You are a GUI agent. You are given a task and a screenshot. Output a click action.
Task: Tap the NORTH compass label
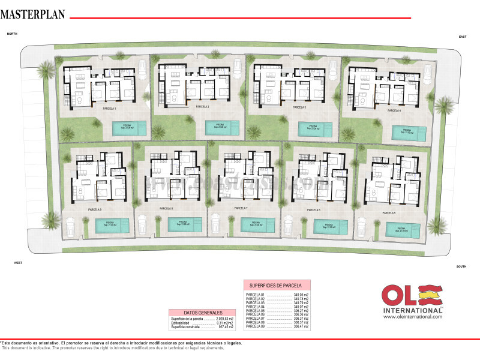pos(12,35)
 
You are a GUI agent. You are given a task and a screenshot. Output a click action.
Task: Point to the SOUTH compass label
pos(461,266)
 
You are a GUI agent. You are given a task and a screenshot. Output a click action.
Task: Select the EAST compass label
pos(463,37)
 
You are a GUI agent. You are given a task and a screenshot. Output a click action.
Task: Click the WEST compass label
pos(19,263)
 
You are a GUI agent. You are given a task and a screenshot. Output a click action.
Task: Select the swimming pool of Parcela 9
pos(112,225)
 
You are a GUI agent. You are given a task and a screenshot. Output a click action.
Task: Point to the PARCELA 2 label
pos(202,107)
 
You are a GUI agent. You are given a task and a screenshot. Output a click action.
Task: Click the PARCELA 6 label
pos(313,210)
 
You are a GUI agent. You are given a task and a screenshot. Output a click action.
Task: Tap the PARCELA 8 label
pos(166,208)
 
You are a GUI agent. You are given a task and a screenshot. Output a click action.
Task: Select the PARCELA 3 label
pos(299,107)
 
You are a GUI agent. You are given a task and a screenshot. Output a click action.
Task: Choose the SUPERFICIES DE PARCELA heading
pos(277,284)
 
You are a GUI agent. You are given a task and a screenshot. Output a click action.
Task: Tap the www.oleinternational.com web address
pos(412,317)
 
